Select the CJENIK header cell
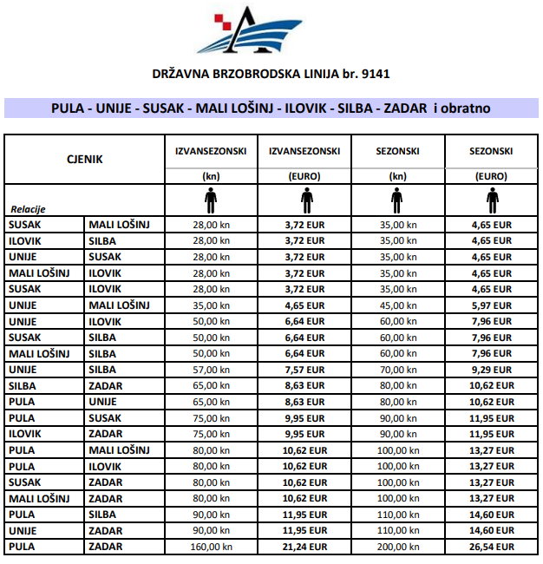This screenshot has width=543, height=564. [85, 159]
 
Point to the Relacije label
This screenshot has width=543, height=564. [28, 209]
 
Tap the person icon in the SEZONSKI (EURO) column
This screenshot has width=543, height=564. [493, 200]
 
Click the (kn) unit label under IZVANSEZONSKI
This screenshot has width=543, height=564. [211, 175]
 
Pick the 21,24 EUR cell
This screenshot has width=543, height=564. [305, 547]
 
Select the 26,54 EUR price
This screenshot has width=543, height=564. [493, 547]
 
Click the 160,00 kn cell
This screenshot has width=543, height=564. [211, 547]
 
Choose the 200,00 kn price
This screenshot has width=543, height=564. [398, 547]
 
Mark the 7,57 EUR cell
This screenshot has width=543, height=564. [305, 369]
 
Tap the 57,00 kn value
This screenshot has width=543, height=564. [211, 369]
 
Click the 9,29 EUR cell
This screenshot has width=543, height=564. [493, 369]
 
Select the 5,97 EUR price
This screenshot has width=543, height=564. [493, 305]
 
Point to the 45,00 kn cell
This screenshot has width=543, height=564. [398, 305]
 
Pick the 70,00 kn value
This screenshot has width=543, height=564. [398, 369]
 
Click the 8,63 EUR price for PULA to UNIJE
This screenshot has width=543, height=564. [305, 402]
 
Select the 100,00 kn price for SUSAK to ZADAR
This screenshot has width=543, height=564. [398, 482]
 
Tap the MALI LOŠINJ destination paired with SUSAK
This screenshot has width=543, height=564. [120, 224]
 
